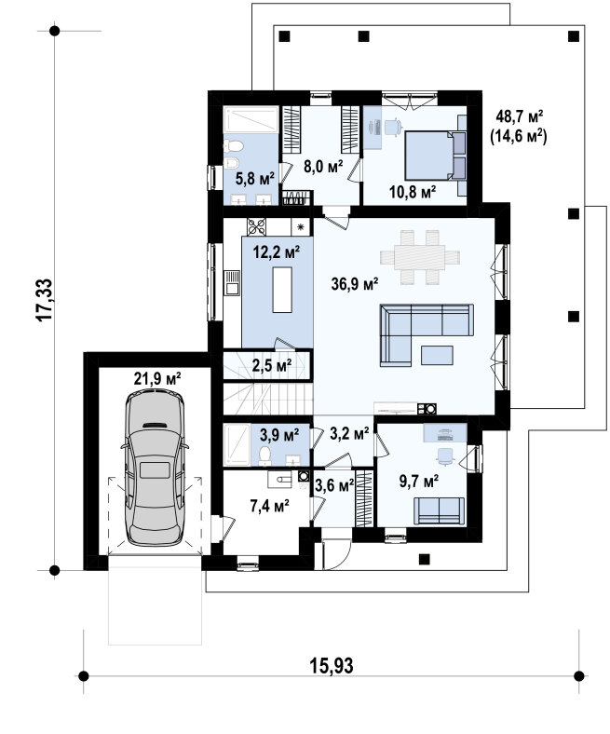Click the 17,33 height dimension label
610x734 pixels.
45,300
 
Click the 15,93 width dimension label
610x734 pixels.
332,665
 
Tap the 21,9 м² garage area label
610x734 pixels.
157,378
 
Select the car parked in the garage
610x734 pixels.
155,468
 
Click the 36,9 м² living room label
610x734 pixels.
355,283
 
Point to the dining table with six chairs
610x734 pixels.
420,257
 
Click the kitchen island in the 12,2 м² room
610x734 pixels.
282,290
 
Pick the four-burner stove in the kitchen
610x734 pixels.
256,227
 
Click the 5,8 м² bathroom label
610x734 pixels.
254,178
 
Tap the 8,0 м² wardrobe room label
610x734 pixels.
323,166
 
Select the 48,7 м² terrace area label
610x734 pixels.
520,116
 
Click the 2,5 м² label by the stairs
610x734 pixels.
272,364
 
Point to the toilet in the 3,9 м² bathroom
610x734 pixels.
265,455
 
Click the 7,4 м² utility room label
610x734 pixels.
269,506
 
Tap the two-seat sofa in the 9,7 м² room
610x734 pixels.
440,510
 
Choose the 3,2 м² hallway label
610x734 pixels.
349,433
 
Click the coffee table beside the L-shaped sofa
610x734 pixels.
437,355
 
